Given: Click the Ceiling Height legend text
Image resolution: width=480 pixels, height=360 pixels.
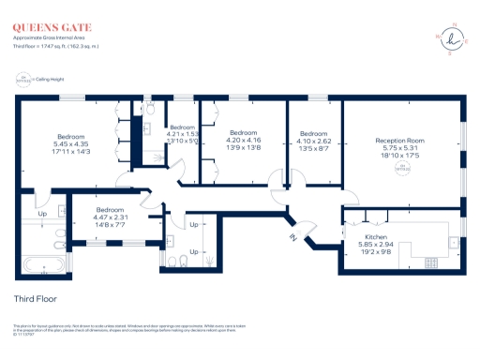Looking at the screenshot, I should coord(50,79).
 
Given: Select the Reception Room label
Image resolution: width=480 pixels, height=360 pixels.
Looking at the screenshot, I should coord(402,139).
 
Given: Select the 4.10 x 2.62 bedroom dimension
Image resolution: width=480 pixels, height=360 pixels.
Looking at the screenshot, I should coord(314,141).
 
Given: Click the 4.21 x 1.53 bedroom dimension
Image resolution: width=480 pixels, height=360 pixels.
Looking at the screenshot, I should coord(183,133).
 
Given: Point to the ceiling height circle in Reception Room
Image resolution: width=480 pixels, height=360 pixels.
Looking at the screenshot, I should coord(403,168).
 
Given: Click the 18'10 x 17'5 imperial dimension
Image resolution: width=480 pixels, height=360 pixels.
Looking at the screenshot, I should coord(402,155).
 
